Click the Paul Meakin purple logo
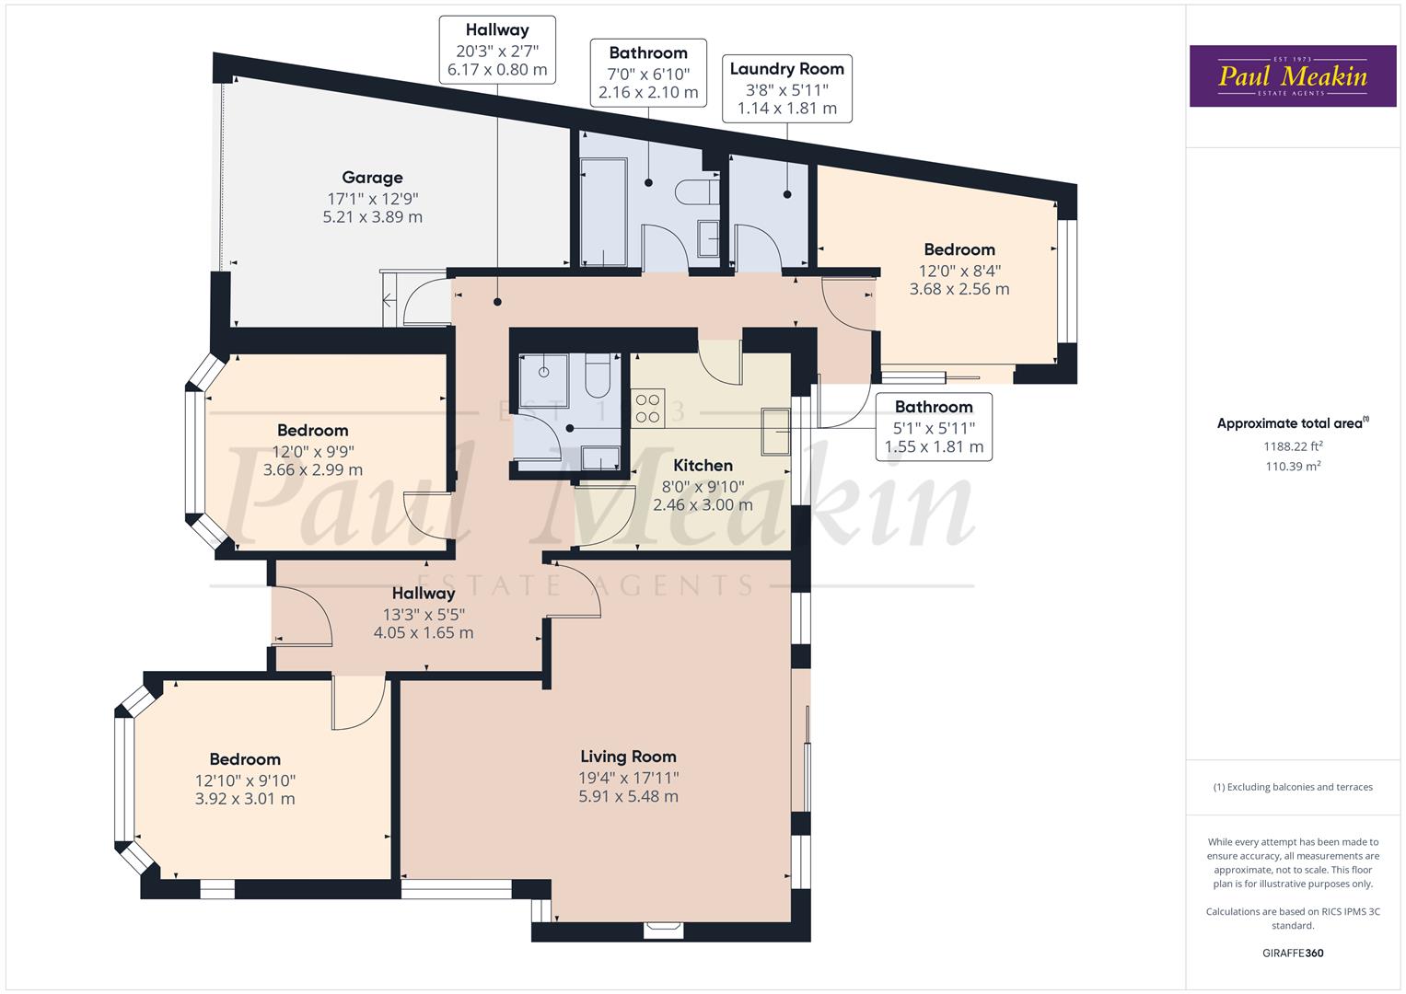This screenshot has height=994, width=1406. point(1292,75)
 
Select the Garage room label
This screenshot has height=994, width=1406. point(372,178)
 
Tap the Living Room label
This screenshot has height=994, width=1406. point(628,757)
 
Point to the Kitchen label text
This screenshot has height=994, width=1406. point(703,466)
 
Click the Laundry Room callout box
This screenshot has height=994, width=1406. point(786,88)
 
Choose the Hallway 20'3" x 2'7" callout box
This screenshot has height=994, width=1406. point(497,50)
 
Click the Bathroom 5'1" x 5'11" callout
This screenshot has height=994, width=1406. point(934,427)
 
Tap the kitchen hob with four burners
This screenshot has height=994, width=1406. point(648,407)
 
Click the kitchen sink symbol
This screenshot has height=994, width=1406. point(774,432)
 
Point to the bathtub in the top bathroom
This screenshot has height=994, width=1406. point(603,212)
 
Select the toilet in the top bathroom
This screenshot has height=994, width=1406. point(698,192)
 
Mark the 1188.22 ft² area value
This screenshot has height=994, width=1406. point(1293,446)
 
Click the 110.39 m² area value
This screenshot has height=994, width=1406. point(1293,467)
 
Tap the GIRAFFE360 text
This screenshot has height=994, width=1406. point(1293,953)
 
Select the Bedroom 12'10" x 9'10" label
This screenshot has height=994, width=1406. point(245,779)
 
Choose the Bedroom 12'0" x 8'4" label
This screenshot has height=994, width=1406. point(959,269)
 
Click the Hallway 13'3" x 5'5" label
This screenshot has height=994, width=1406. point(424,613)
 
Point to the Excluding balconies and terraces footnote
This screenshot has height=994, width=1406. point(1293,787)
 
